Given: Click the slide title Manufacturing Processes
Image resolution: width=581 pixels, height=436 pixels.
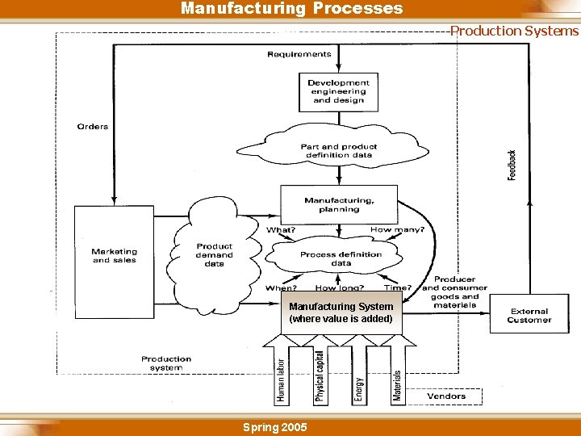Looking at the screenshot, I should pyautogui.click(x=291, y=9).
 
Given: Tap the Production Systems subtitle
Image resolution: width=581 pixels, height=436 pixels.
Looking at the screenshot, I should pyautogui.click(x=514, y=31).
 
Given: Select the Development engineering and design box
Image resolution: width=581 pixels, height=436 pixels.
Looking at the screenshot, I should pyautogui.click(x=339, y=91).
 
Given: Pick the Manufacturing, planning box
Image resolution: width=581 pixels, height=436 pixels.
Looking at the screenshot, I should pyautogui.click(x=339, y=204).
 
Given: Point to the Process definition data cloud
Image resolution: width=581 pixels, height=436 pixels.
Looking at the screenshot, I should pyautogui.click(x=341, y=258).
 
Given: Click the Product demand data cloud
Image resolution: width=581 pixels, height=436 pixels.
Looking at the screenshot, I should pyautogui.click(x=214, y=255).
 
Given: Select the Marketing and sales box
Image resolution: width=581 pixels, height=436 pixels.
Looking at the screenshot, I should pyautogui.click(x=114, y=257).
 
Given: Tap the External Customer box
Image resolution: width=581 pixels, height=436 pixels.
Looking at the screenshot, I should pyautogui.click(x=529, y=315).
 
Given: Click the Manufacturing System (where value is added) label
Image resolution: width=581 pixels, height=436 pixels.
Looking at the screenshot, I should pyautogui.click(x=341, y=312).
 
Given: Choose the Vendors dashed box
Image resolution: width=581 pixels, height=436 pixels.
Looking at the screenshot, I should pyautogui.click(x=446, y=396).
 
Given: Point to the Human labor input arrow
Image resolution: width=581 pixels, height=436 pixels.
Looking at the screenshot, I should pyautogui.click(x=281, y=375).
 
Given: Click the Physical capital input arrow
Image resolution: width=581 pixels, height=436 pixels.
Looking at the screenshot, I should pyautogui.click(x=320, y=375).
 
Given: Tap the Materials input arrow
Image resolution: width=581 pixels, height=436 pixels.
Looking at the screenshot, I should pyautogui.click(x=397, y=375).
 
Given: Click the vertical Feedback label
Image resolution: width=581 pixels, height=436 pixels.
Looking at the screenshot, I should pyautogui.click(x=512, y=165).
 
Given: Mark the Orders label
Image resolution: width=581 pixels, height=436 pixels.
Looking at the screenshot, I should pyautogui.click(x=93, y=127).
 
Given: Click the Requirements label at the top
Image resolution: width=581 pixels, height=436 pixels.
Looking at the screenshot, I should pyautogui.click(x=299, y=54).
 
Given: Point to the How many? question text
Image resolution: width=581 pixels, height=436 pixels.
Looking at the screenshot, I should pyautogui.click(x=396, y=230).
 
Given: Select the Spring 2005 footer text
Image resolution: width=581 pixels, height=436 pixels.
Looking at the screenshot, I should pyautogui.click(x=274, y=427).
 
